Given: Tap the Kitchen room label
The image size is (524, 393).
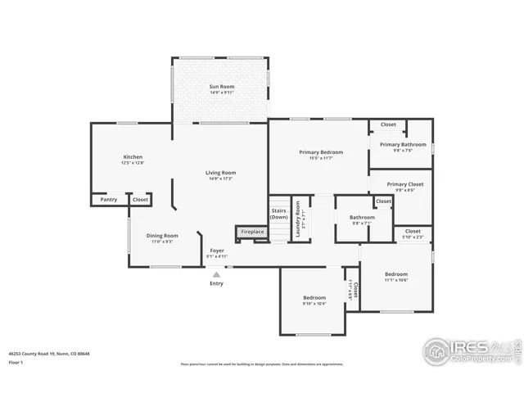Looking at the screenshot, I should coord(133,157).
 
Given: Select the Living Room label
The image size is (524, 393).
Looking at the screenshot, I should coord(220,174).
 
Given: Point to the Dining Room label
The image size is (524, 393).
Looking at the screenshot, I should coord(162,236).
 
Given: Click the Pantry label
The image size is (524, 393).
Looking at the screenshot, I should coord(109,199).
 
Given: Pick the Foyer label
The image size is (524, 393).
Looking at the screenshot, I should coord(217,251).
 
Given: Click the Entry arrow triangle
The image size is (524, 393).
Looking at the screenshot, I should coord(216,275).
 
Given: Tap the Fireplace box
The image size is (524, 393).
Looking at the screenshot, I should coord(251,233).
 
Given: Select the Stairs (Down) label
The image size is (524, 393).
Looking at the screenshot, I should coord(278,213).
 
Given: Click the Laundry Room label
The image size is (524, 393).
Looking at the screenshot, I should coord(300,219).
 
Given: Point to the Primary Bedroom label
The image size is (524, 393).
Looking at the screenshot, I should coord(321,152).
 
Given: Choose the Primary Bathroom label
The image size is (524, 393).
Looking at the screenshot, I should coord(402,145).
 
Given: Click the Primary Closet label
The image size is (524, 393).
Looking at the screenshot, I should coord(404,185).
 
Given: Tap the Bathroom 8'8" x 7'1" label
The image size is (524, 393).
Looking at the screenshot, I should coord(362,218).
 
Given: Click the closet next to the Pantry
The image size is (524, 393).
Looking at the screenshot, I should coord(140,199).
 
